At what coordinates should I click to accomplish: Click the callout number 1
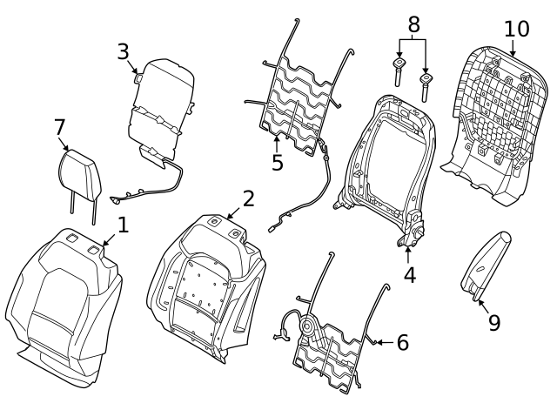coord(123,225)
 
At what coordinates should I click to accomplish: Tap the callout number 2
coord(248,198)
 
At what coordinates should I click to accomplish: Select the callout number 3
coord(124,51)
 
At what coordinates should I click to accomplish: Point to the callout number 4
coord(409,275)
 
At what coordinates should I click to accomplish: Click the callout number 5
coord(278,163)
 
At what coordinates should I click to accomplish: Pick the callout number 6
coord(402,343)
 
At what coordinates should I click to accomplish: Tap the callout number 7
coord(60,128)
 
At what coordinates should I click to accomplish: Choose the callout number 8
coord(413,23)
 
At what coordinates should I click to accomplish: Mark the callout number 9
coord(493,322)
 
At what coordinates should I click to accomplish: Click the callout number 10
coord(516,29)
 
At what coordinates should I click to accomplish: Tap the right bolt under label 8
coord(426,84)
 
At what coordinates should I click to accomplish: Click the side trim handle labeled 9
coord(486,264)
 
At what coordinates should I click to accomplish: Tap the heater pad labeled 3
coord(161,104)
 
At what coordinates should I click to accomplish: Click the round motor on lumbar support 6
coord(310,328)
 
